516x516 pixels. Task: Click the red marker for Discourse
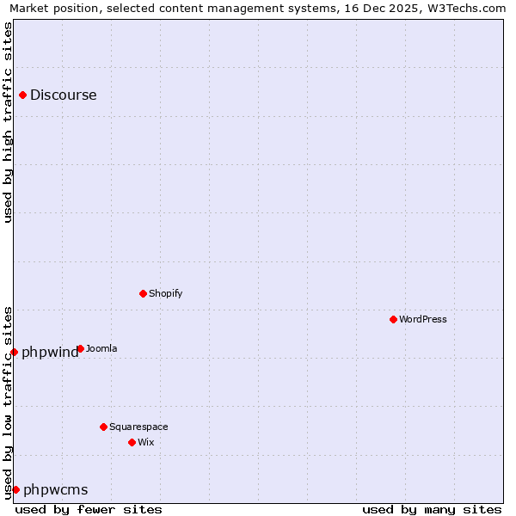[x=23, y=95]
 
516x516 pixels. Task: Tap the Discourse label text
[x=64, y=95]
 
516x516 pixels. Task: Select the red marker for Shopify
[x=143, y=293]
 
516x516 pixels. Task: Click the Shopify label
[x=166, y=293]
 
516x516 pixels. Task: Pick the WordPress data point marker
[x=393, y=319]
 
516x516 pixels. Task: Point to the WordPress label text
[x=423, y=319]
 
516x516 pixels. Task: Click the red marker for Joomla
[x=80, y=348]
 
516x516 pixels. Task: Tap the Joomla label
[x=101, y=348]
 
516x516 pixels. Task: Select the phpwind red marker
[x=14, y=352]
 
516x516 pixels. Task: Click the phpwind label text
[x=49, y=352]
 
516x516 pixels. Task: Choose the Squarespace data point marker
[x=103, y=427]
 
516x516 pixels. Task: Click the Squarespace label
[x=138, y=427]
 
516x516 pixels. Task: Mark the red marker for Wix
[x=132, y=442]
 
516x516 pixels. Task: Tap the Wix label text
[x=146, y=442]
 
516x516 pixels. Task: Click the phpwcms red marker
[x=15, y=489]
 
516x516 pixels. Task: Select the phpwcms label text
[x=56, y=490]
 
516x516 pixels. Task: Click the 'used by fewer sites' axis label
[x=89, y=509]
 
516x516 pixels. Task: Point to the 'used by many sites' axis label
[x=432, y=509]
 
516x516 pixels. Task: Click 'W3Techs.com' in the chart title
[x=467, y=9]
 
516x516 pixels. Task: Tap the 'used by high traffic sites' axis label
[x=9, y=122]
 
